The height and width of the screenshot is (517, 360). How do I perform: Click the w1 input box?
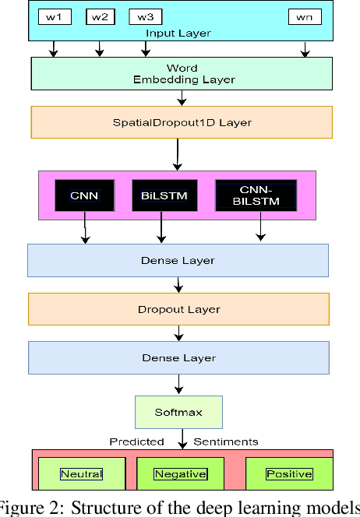click(x=55, y=16)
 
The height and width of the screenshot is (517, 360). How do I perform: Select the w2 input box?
click(x=99, y=16)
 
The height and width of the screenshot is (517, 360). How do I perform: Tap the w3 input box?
click(x=144, y=16)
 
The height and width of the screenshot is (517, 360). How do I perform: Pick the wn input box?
click(x=305, y=16)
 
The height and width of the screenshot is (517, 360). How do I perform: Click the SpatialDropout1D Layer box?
click(x=182, y=122)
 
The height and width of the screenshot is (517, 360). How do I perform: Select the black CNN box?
click(x=84, y=195)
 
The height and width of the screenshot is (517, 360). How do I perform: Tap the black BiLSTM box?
click(x=161, y=195)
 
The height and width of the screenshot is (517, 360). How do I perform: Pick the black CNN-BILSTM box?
click(x=256, y=195)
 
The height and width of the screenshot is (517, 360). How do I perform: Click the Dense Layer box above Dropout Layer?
click(x=178, y=260)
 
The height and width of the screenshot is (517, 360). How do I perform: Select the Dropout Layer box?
click(x=178, y=309)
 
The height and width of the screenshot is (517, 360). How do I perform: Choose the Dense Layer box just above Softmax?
click(x=178, y=357)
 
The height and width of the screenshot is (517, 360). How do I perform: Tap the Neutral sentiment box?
click(x=81, y=473)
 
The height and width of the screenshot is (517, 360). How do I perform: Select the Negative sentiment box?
click(x=180, y=473)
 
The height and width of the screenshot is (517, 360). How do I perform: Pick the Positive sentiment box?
click(x=288, y=473)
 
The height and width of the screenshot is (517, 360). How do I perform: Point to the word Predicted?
click(x=136, y=441)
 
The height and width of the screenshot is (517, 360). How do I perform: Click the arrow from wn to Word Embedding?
click(x=305, y=49)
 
